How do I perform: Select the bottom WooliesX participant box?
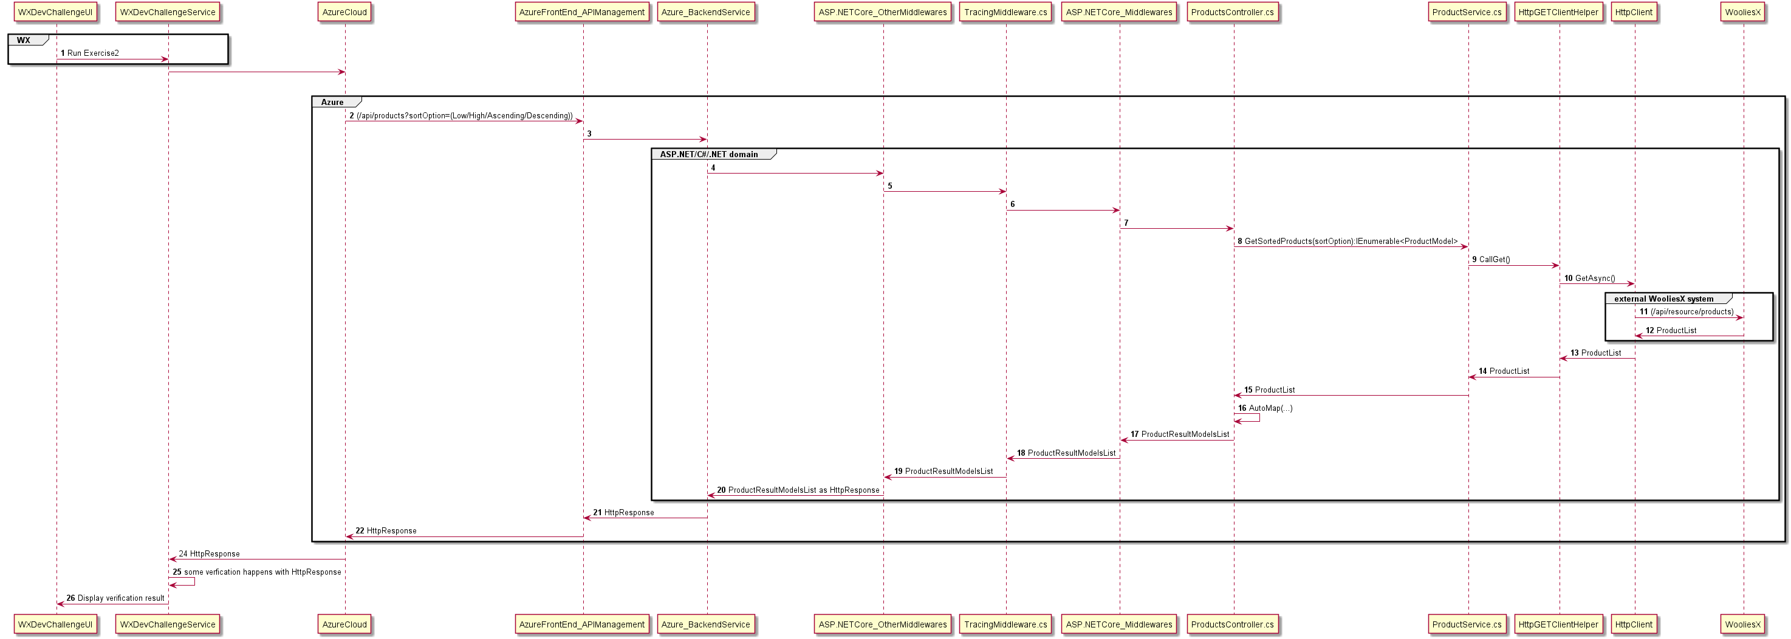coord(1742,624)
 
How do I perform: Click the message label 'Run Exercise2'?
coord(93,53)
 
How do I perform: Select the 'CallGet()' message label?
coord(1494,260)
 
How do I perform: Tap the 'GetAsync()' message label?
coord(1595,279)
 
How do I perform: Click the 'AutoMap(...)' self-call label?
coord(1270,408)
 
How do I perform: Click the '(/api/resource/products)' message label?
coord(1691,312)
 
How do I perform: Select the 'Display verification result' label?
coord(121,598)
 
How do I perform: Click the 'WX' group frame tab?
coord(24,40)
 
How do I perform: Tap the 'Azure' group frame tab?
coord(332,102)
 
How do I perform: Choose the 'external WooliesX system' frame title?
coord(1664,299)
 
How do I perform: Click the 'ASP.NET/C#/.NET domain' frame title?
coord(708,154)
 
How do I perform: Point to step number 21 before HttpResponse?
coord(597,513)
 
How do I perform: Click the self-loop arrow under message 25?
coord(188,582)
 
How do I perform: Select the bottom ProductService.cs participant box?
coord(1467,624)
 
